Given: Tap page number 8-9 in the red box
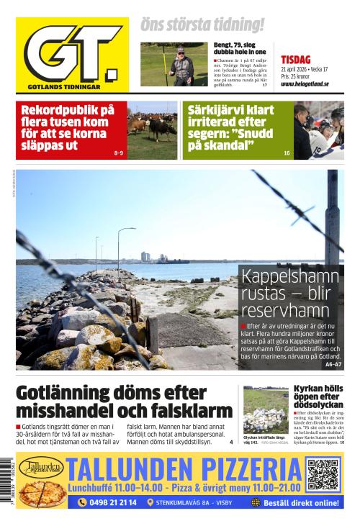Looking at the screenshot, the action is [x=119, y=153].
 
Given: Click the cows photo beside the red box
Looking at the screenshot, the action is [x=152, y=130].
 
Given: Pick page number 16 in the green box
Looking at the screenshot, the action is [x=287, y=153].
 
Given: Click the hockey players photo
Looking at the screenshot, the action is [x=318, y=130].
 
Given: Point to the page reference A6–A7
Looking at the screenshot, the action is [x=333, y=365].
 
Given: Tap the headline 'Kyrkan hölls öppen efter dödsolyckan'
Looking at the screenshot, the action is [x=318, y=396].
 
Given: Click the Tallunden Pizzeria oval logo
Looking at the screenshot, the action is [x=41, y=468].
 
